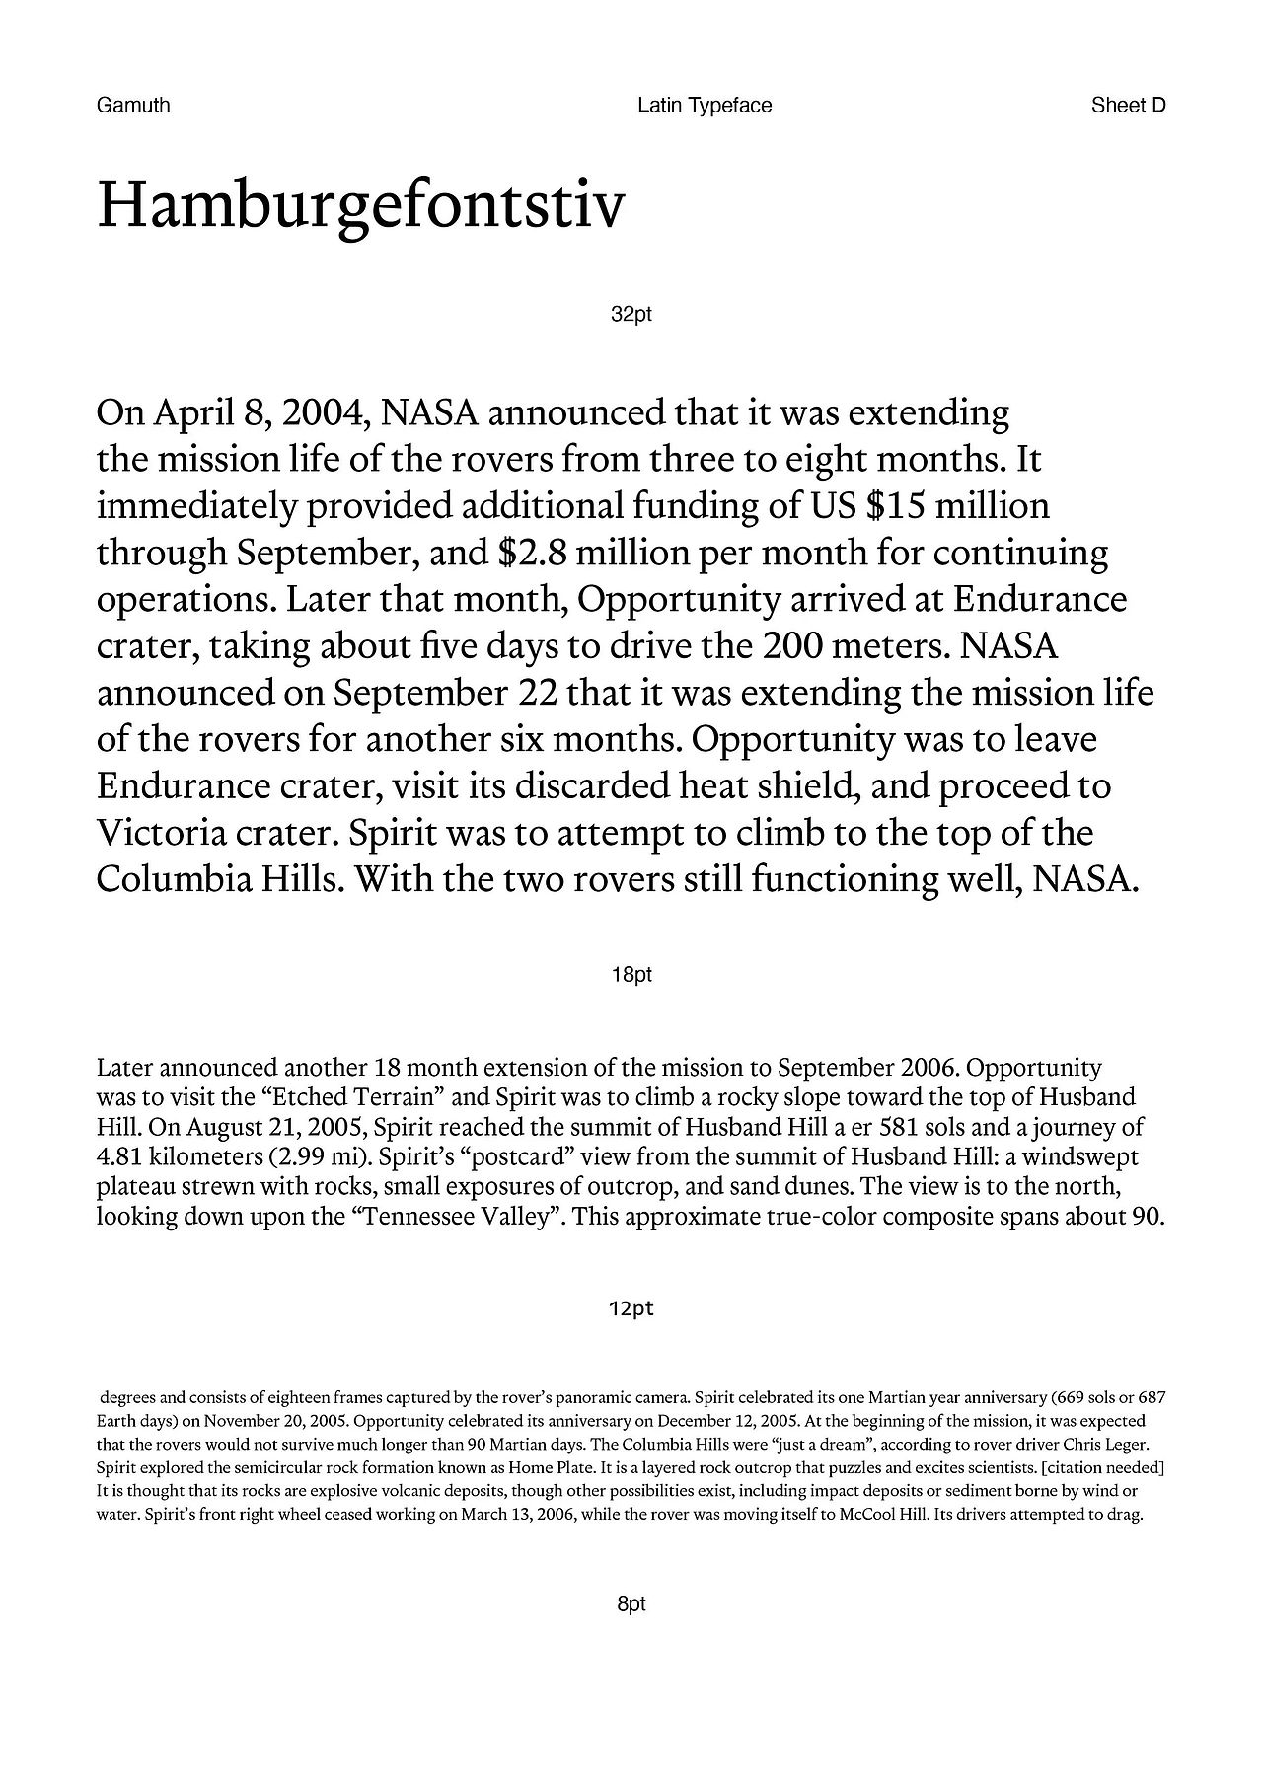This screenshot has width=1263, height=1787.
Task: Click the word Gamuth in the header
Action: pos(133,106)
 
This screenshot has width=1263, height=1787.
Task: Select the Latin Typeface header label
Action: pos(705,106)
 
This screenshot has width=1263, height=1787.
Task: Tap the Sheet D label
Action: pos(1128,106)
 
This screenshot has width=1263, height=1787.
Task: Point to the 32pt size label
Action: pos(631,316)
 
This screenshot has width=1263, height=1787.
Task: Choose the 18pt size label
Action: pos(631,976)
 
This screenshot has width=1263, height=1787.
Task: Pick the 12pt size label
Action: pos(631,1309)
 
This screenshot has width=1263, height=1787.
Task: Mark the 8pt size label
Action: pos(631,1604)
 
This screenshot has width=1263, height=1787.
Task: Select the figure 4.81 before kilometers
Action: pos(123,1157)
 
